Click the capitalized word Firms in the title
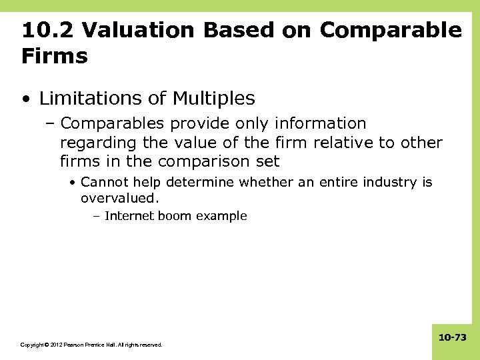click(x=55, y=56)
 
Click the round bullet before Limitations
click(x=25, y=100)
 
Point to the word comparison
click(x=207, y=161)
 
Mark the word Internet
click(x=129, y=216)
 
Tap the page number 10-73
click(x=452, y=338)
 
